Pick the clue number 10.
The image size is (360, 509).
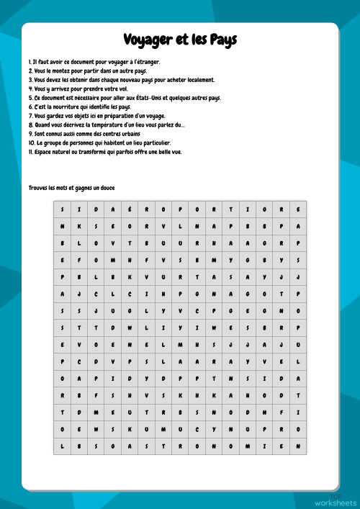[32, 143]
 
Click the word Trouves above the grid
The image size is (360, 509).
[39, 188]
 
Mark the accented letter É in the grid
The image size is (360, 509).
[130, 209]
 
